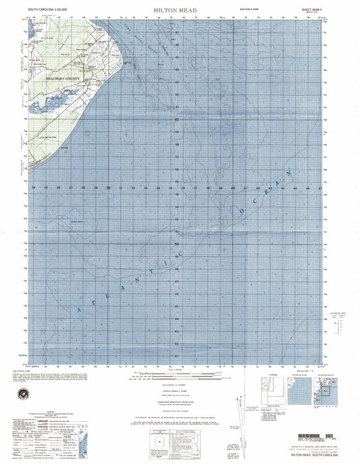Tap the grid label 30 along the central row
(108, 187)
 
